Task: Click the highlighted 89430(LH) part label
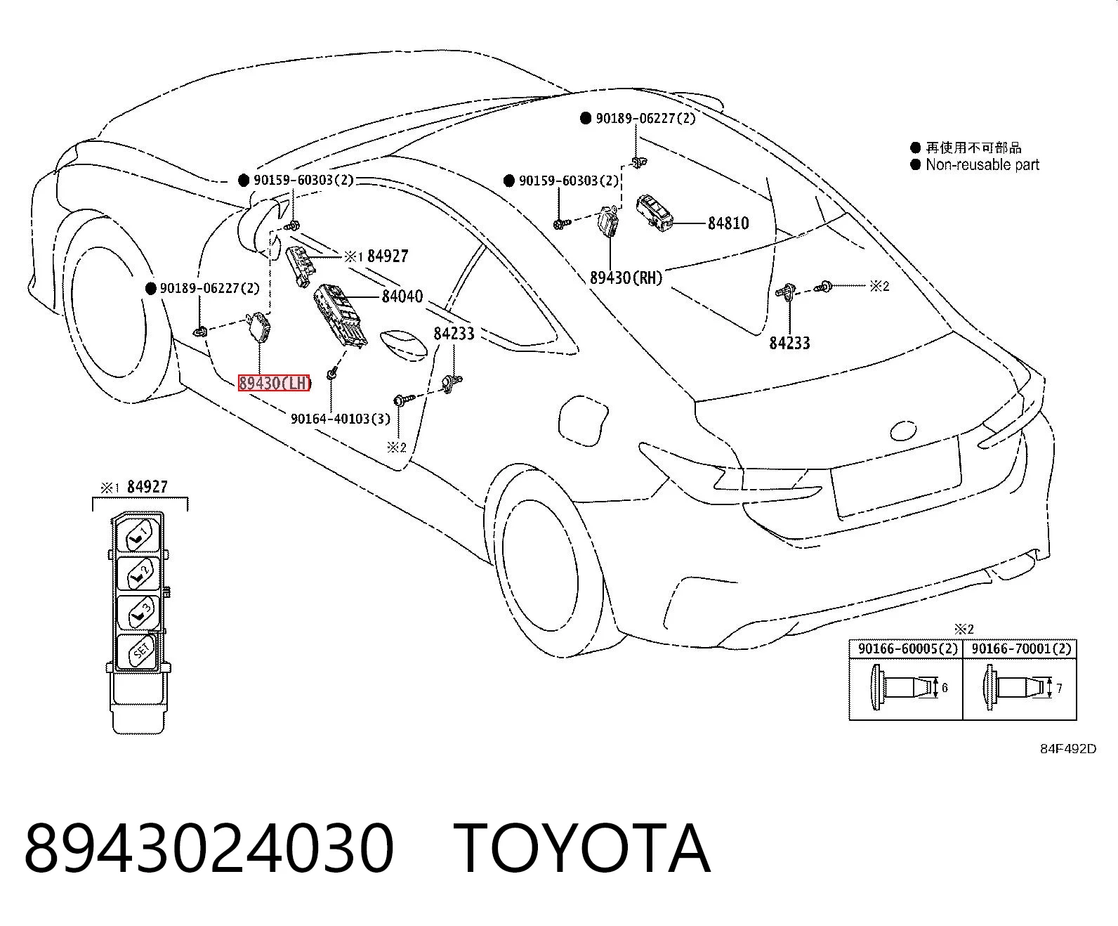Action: coord(274,383)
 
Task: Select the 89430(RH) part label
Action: coord(626,278)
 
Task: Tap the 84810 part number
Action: coord(728,223)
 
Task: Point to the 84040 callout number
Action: coord(402,296)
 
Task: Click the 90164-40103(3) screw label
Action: coord(341,419)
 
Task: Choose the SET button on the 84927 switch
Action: coord(138,651)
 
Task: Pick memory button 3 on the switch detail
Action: coord(138,613)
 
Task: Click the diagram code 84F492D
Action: coord(1068,749)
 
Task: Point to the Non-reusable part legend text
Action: coord(982,164)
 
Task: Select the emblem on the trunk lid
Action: coord(903,430)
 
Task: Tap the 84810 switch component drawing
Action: coord(655,213)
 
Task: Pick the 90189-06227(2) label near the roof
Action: coord(645,119)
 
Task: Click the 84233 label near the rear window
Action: coord(789,343)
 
